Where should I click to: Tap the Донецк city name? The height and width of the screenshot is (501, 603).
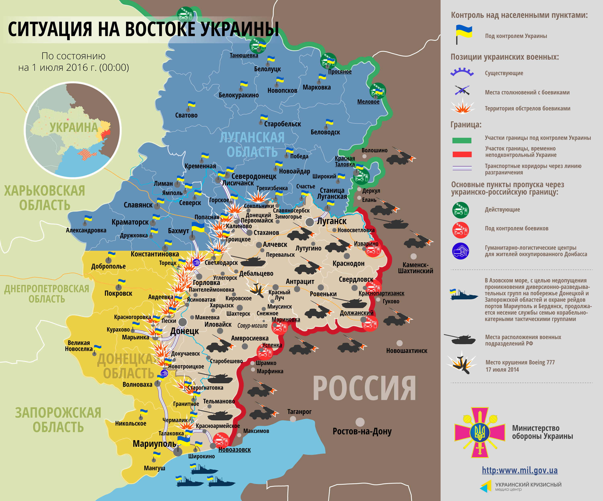184,331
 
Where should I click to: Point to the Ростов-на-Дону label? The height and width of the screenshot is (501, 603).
362,431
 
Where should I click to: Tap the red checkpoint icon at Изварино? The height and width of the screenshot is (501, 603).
373,250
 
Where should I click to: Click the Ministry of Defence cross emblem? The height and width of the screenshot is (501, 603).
480,432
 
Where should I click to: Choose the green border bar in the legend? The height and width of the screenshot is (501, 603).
462,140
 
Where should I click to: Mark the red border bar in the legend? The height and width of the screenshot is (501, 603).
462,154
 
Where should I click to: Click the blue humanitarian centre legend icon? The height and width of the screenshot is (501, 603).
460,251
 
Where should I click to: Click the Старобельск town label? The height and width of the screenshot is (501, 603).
282,124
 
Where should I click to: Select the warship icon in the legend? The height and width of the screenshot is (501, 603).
463,295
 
